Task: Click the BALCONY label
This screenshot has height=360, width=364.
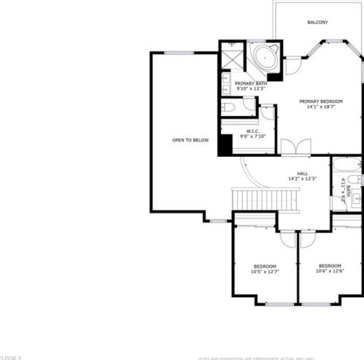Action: point(317,23)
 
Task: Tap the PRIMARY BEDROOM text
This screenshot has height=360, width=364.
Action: point(320,101)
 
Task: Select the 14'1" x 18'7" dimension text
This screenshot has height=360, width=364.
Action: point(320,107)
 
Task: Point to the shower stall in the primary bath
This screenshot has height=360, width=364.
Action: point(233,57)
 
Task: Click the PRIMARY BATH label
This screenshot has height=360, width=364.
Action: point(250,83)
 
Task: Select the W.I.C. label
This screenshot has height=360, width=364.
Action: point(243,131)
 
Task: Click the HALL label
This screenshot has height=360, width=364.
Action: point(302,173)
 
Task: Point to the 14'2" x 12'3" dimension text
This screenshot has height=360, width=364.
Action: point(302,180)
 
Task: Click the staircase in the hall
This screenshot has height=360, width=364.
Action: point(266,199)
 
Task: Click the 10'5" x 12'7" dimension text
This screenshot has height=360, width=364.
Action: point(265,272)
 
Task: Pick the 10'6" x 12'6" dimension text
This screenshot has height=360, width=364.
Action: point(330,272)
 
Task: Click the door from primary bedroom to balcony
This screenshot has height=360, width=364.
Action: point(293,66)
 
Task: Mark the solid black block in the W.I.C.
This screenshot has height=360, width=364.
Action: point(225,145)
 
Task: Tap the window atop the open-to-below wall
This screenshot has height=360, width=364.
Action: point(179,53)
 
